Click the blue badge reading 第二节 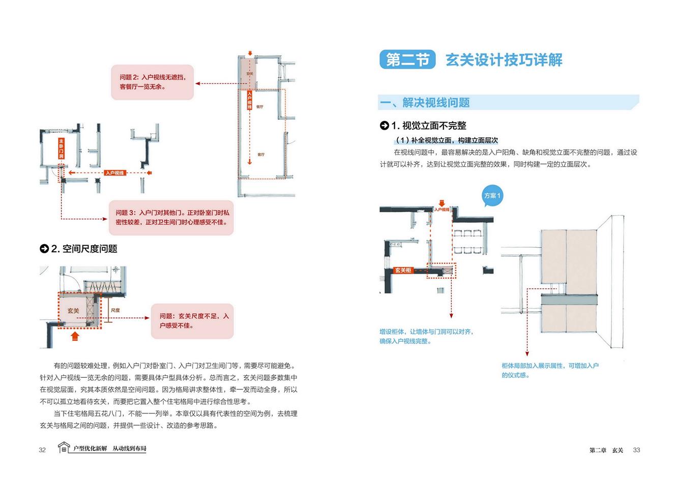pyautogui.click(x=407, y=60)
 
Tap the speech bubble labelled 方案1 pyautogui.click(x=492, y=196)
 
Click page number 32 pyautogui.click(x=42, y=450)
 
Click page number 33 pyautogui.click(x=636, y=450)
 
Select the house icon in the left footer pyautogui.click(x=64, y=447)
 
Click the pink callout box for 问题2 pyautogui.click(x=153, y=82)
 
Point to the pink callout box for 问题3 pyautogui.click(x=172, y=217)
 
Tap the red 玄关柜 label pyautogui.click(x=403, y=271)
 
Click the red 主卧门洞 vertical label pyautogui.click(x=61, y=148)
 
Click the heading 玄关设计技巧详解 pyautogui.click(x=504, y=60)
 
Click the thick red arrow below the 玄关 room pyautogui.click(x=75, y=336)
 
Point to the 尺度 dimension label pyautogui.click(x=115, y=310)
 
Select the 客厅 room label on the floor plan pyautogui.click(x=261, y=155)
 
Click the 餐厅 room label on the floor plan pyautogui.click(x=259, y=107)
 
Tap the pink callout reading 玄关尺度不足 pyautogui.click(x=193, y=321)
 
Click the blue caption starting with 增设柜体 pyautogui.click(x=426, y=336)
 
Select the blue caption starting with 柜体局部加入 pyautogui.click(x=550, y=370)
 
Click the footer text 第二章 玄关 pyautogui.click(x=606, y=450)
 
